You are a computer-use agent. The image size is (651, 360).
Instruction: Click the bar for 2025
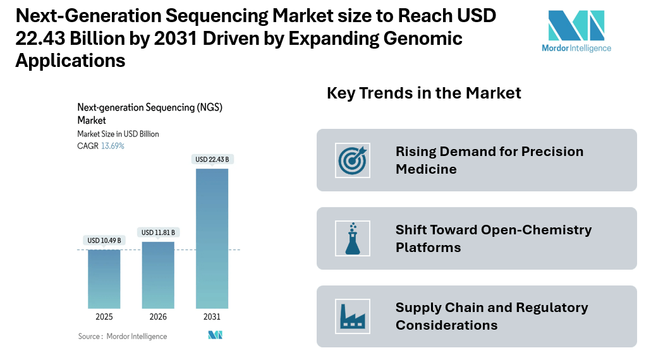(x=104, y=279)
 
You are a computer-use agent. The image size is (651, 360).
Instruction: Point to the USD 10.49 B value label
(x=104, y=241)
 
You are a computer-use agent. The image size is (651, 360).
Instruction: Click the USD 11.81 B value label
(x=158, y=232)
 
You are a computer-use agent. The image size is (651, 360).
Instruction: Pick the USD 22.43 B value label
(x=212, y=159)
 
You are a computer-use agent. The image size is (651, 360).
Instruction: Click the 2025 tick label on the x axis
(x=104, y=317)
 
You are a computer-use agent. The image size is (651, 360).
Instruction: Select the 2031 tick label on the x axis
(x=212, y=317)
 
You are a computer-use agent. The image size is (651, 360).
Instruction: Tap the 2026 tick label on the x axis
(x=158, y=317)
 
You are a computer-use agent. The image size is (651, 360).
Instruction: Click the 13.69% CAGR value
(x=113, y=146)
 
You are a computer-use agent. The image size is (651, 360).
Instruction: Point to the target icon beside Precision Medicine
(x=352, y=160)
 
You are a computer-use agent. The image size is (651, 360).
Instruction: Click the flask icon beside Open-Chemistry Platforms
(x=352, y=238)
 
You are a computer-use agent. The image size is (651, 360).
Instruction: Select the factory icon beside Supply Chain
(x=352, y=316)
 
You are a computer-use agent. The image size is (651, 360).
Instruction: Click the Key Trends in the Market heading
(x=423, y=93)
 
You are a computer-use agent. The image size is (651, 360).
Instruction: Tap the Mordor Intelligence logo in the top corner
(x=576, y=31)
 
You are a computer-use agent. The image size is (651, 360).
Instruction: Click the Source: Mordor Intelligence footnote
(x=123, y=337)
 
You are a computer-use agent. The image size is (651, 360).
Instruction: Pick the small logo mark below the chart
(x=215, y=335)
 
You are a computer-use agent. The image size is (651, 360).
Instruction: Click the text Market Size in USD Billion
(x=118, y=134)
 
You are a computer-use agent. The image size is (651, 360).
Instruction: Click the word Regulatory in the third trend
(x=552, y=308)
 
